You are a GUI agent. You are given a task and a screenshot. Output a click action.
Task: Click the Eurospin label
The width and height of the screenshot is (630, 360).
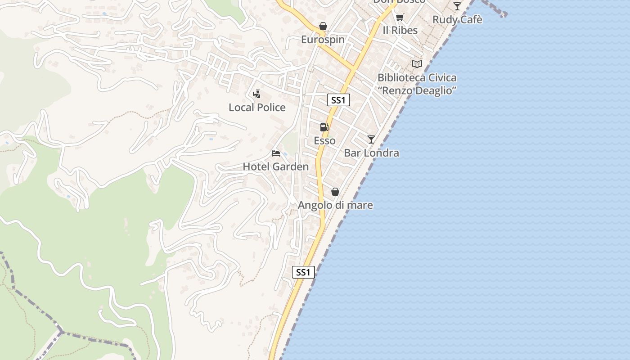click(x=323, y=40)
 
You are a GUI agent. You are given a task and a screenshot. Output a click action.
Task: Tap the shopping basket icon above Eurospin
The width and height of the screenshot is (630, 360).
click(x=323, y=27)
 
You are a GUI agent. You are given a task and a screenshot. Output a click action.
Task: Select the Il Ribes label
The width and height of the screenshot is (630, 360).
click(x=400, y=30)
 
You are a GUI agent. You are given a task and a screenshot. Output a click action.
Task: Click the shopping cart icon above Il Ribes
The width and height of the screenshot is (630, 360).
click(x=400, y=18)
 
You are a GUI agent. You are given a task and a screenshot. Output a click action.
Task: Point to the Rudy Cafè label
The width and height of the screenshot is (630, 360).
click(x=457, y=20)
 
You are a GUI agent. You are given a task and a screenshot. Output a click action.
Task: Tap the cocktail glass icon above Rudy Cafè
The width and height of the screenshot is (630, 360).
click(x=457, y=6)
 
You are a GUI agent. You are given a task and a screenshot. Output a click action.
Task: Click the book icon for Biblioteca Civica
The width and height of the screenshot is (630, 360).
click(x=417, y=64)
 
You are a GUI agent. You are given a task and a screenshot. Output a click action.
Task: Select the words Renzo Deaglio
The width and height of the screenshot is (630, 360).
click(x=417, y=90)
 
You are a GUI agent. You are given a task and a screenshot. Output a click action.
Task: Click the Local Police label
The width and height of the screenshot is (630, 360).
click(x=257, y=107)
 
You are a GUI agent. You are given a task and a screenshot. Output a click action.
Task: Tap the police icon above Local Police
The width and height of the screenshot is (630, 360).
click(x=256, y=94)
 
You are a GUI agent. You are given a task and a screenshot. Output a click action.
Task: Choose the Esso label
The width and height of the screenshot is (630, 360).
click(x=324, y=141)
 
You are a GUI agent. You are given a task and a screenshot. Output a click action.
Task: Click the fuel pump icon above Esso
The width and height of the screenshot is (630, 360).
click(x=324, y=127)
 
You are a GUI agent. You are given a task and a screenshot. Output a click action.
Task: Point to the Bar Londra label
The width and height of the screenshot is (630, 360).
click(x=371, y=153)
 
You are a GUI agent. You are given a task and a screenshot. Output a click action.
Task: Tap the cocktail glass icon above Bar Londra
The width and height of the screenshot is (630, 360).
click(x=371, y=139)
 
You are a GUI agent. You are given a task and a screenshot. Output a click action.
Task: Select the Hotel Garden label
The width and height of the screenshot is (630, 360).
click(x=276, y=166)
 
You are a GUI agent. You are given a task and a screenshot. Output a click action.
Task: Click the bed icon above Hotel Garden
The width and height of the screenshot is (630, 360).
click(x=276, y=154)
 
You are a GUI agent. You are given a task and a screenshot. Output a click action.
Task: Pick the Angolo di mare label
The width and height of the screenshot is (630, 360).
click(x=335, y=205)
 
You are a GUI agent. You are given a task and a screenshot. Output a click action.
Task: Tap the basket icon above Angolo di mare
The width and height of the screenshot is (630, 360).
click(x=335, y=192)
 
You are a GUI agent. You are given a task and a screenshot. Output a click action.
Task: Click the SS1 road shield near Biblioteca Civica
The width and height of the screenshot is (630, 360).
click(x=338, y=100)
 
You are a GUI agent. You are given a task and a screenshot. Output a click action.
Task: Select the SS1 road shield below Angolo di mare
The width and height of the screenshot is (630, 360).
click(x=303, y=272)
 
